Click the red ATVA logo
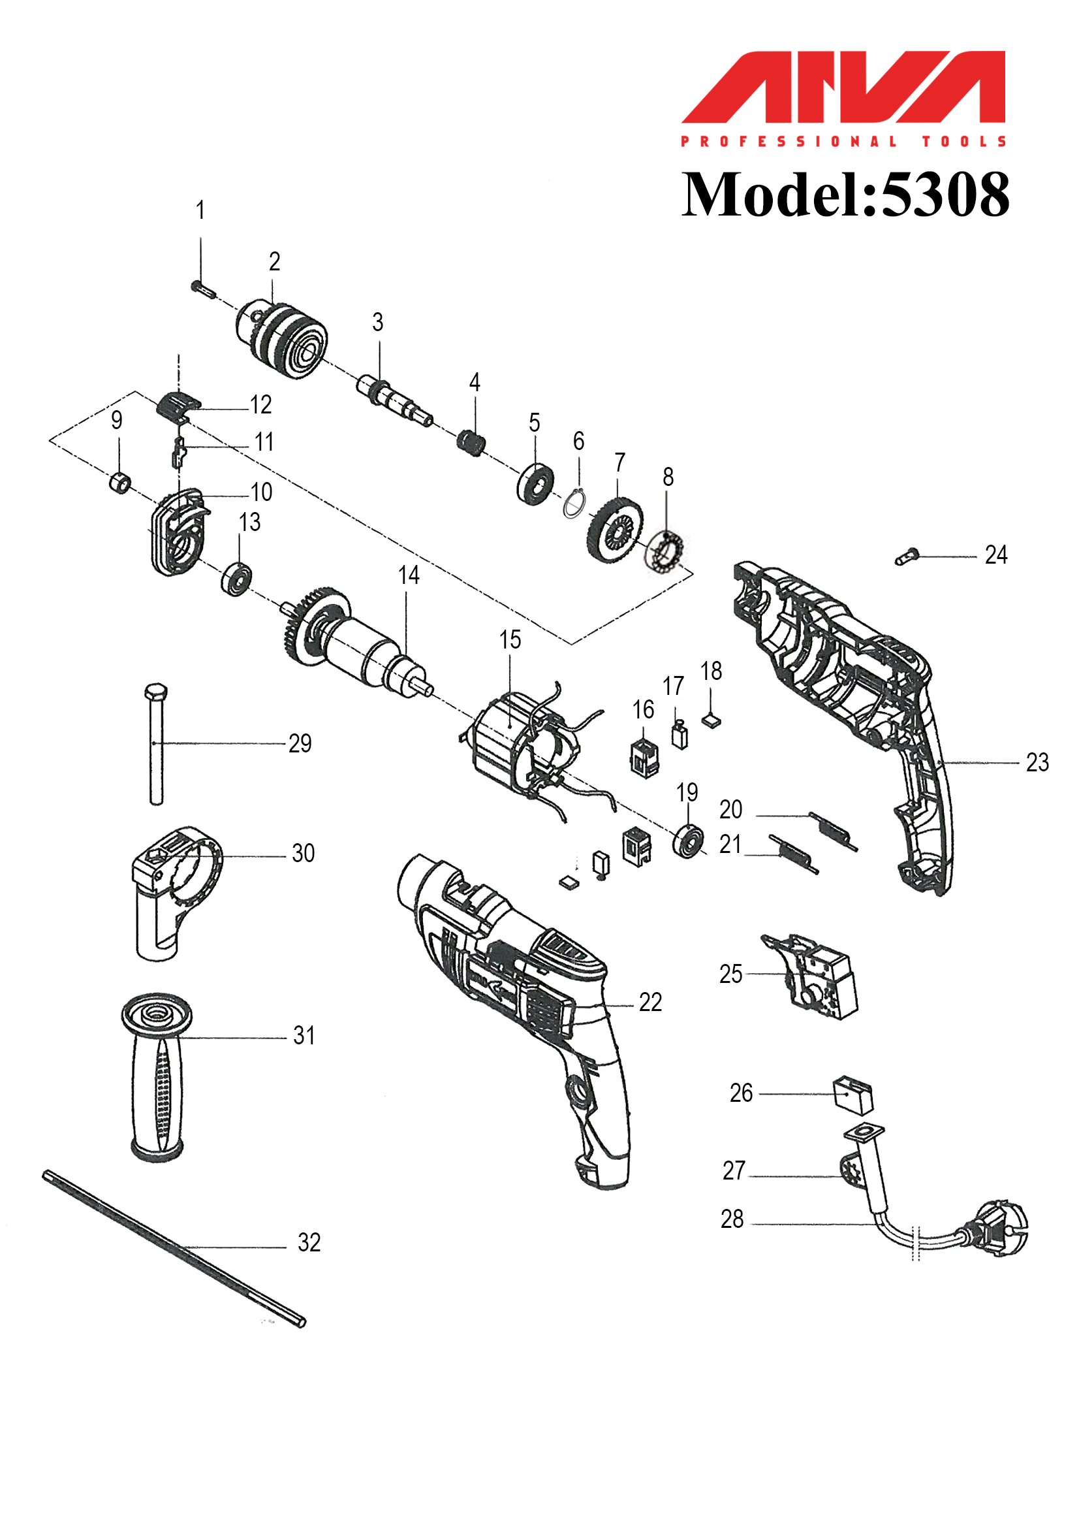click(x=843, y=87)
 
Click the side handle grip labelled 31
click(x=157, y=1077)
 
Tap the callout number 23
click(x=1037, y=763)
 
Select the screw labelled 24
click(x=906, y=556)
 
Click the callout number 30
click(x=303, y=853)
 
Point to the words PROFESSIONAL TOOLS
click(x=843, y=141)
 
